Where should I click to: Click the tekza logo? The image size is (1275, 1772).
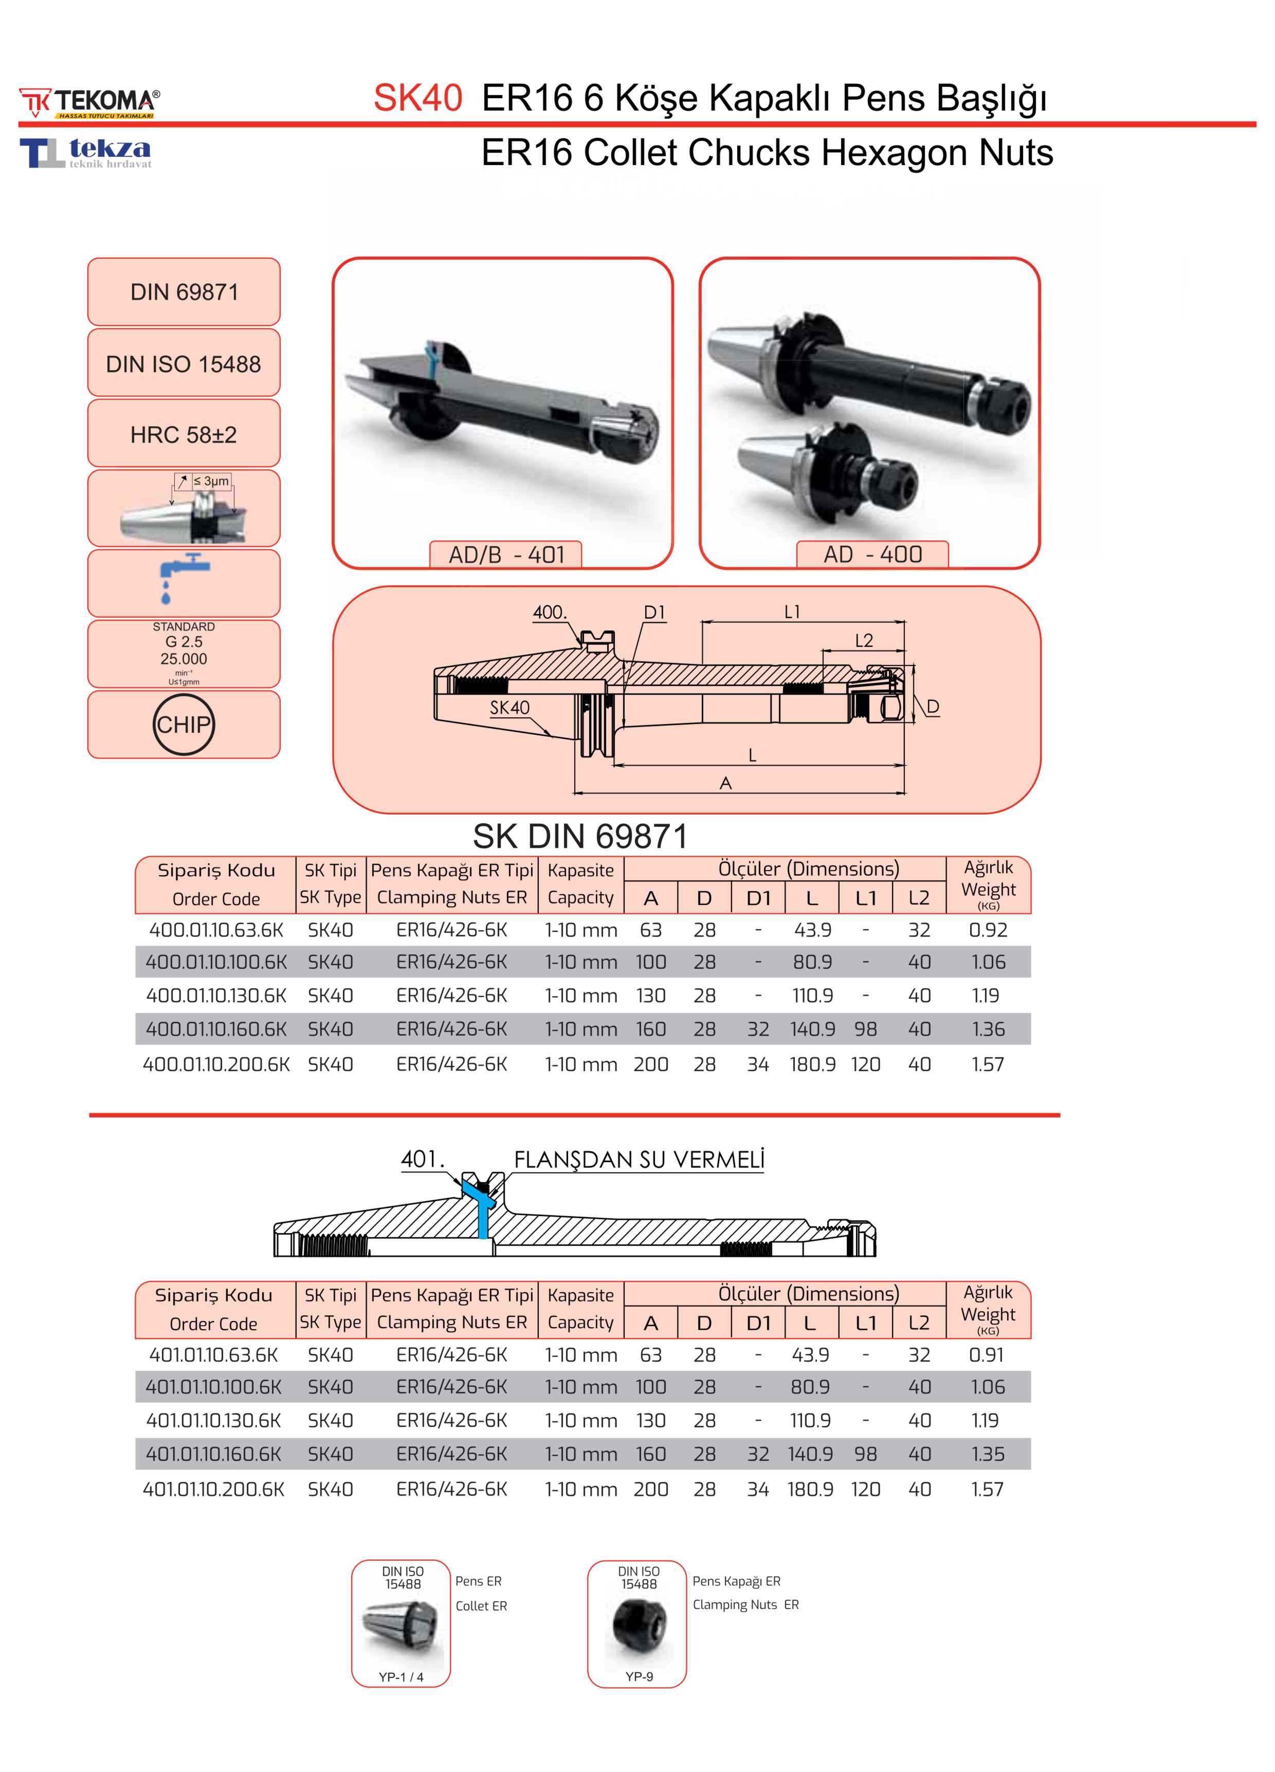pos(86,152)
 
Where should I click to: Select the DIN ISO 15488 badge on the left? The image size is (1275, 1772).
pos(184,364)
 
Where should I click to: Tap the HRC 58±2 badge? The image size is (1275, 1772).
pos(184,435)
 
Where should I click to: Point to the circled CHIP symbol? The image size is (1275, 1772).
pos(184,724)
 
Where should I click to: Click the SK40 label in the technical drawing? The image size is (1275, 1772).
pos(509,708)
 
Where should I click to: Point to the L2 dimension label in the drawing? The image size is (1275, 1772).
pos(863,641)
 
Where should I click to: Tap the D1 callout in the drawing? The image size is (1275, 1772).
pos(654,612)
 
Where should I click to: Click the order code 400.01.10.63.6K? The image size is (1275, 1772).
pos(216,930)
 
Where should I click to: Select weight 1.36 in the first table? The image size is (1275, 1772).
pos(988,1029)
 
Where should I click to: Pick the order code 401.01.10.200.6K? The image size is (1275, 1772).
pos(213,1489)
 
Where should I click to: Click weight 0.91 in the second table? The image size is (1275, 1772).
pos(986,1355)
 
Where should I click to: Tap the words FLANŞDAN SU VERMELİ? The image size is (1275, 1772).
pos(639,1160)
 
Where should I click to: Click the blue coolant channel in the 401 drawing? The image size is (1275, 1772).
pos(483,1211)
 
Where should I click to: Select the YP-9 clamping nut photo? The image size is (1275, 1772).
pos(637,1628)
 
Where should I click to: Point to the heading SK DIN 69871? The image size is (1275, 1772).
pos(580,837)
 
